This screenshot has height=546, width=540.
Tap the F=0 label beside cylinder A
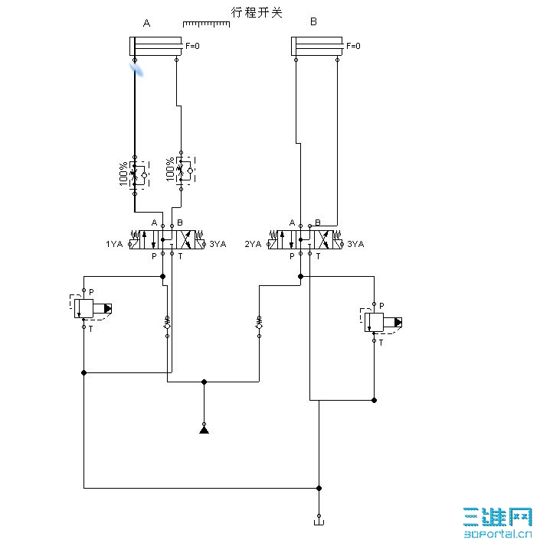193,46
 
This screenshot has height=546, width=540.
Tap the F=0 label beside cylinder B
354,46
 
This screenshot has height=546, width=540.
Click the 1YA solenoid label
114,245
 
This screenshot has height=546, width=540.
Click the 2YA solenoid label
254,245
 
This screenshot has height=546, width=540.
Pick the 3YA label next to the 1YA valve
218,245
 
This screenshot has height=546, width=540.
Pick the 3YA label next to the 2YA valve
356,245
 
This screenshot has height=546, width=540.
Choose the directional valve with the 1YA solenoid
167,239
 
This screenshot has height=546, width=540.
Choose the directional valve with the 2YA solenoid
305,239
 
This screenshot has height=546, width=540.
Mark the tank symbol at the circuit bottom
319,522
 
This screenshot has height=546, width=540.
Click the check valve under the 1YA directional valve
166,324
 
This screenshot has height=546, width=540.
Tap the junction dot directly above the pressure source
204,382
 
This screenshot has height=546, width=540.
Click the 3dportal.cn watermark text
498,536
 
